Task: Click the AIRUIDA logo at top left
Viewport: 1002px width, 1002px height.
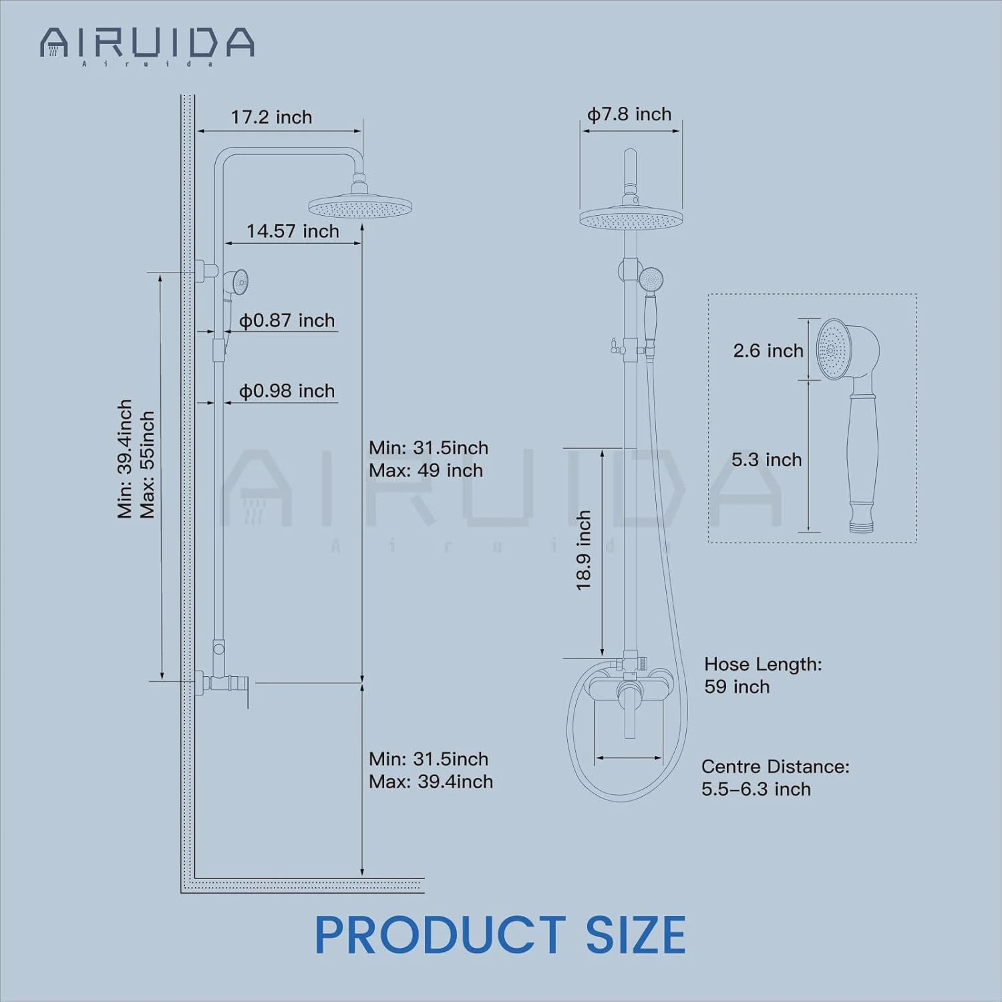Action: tap(147, 45)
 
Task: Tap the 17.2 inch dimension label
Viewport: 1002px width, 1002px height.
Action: tap(271, 117)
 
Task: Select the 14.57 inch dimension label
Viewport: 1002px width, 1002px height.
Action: tap(293, 230)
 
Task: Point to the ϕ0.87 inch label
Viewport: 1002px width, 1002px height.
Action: tap(287, 320)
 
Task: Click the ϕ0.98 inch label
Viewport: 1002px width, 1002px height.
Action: tap(287, 391)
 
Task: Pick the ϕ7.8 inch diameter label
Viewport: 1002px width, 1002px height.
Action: tap(629, 114)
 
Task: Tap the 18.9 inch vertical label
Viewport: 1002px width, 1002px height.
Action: tap(584, 550)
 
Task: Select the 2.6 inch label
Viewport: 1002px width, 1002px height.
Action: tap(768, 351)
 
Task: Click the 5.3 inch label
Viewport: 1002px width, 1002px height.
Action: tap(767, 460)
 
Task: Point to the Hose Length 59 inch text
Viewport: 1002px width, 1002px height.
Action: tap(763, 675)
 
